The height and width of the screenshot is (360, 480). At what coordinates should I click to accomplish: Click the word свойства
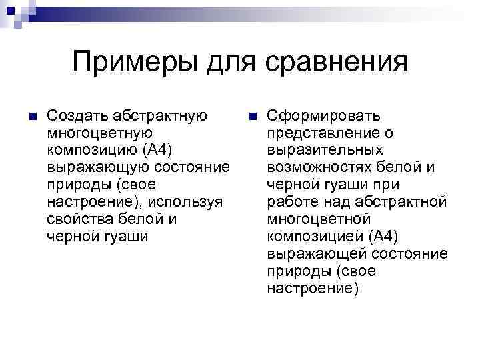(79, 219)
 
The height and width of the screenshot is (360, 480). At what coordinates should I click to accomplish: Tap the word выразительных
(315, 150)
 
